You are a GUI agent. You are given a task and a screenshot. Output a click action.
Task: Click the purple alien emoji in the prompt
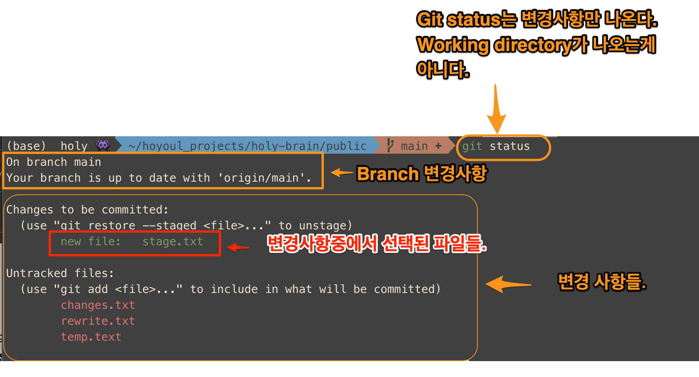coord(103,145)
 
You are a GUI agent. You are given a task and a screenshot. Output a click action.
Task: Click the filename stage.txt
coord(172,241)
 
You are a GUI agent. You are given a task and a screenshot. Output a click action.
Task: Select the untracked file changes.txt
coord(98,305)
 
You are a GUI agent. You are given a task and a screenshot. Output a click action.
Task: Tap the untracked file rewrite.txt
coord(98,321)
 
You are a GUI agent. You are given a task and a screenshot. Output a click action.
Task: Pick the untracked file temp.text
coord(91,337)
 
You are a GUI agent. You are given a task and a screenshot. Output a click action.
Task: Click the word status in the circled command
coord(509,146)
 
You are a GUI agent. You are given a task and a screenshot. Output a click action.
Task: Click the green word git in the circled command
coord(472,146)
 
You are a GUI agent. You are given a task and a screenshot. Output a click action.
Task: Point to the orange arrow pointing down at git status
coord(496,110)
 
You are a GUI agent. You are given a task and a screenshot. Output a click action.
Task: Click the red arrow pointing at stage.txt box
coord(239,248)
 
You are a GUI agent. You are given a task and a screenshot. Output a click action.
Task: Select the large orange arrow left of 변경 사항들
coord(508,284)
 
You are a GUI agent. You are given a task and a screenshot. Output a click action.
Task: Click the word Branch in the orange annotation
coord(387,174)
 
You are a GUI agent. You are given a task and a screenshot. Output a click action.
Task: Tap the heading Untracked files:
coord(60,273)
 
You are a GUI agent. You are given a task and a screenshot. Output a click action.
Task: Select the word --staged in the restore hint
coord(169,226)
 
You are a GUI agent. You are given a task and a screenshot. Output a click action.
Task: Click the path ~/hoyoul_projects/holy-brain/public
coord(247,146)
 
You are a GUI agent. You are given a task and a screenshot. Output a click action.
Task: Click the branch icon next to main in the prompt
coord(390,145)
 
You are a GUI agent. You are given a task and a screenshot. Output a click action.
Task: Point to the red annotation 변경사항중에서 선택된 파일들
coord(376,244)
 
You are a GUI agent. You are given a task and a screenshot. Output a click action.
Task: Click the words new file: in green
coord(90,241)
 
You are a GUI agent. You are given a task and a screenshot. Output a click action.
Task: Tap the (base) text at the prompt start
coord(26,146)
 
